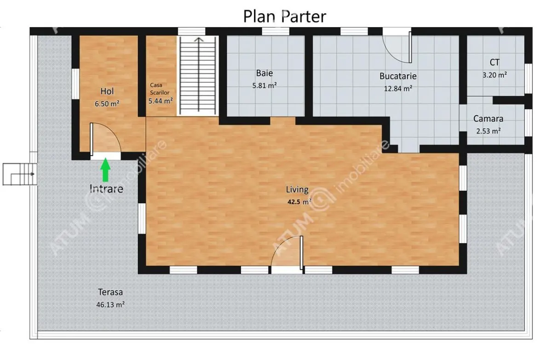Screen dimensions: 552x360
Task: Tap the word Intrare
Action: pyautogui.click(x=106, y=189)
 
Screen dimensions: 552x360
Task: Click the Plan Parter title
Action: pyautogui.click(x=285, y=17)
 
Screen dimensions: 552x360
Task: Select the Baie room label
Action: pyautogui.click(x=264, y=73)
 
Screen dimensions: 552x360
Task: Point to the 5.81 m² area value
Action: pyautogui.click(x=264, y=86)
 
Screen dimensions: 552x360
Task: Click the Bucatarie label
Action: pyautogui.click(x=398, y=76)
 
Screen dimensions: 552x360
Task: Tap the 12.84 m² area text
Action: pyautogui.click(x=398, y=88)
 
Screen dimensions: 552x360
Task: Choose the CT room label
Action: pyautogui.click(x=494, y=63)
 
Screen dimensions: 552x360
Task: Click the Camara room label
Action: pyautogui.click(x=488, y=119)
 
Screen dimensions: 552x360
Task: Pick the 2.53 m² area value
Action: pyautogui.click(x=488, y=131)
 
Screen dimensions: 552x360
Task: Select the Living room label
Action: pyautogui.click(x=297, y=189)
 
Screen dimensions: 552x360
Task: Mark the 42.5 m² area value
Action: pyautogui.click(x=299, y=202)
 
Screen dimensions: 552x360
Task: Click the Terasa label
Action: pyautogui.click(x=110, y=292)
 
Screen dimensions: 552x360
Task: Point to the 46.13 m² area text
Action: pyautogui.click(x=110, y=305)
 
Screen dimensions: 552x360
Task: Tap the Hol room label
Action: pyautogui.click(x=107, y=91)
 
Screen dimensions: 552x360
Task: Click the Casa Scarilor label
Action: pyautogui.click(x=160, y=89)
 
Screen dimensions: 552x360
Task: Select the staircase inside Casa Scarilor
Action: pyautogui.click(x=198, y=75)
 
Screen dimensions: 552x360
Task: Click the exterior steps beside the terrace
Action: pyautogui.click(x=20, y=174)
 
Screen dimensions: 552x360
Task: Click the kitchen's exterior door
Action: pyautogui.click(x=397, y=47)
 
